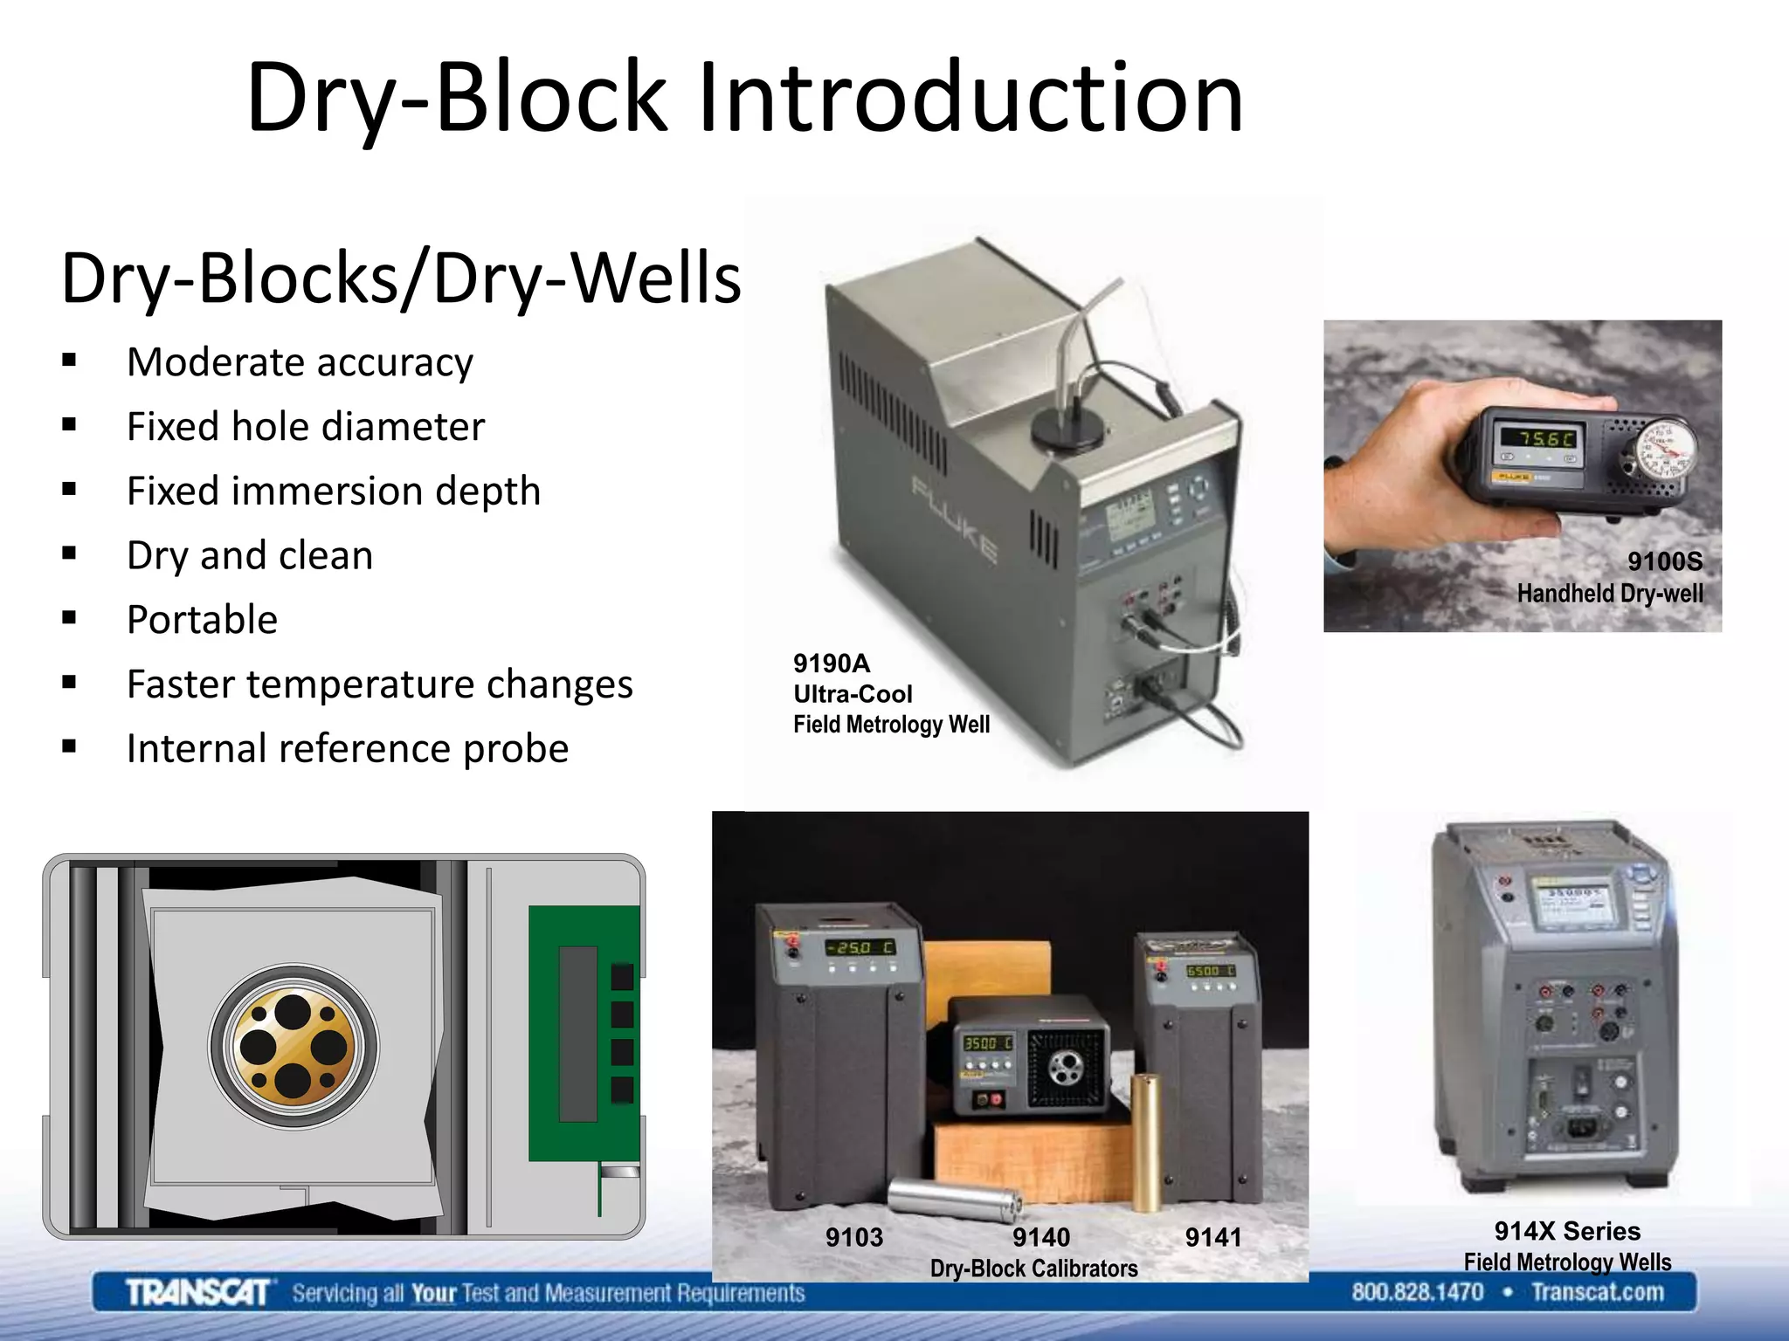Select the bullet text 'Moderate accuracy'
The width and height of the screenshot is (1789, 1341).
[x=300, y=362]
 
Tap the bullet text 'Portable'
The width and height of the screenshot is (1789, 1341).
[x=202, y=620]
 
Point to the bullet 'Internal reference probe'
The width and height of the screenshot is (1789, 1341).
[x=348, y=749]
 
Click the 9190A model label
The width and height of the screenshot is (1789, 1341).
[x=832, y=664]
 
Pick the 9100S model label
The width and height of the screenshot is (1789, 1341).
[x=1664, y=561]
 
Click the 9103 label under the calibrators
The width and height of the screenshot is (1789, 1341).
[x=853, y=1237]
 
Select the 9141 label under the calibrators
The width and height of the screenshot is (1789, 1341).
[x=1212, y=1237]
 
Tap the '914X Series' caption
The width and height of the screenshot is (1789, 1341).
[x=1567, y=1231]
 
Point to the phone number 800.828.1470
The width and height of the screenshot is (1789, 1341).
[x=1417, y=1292]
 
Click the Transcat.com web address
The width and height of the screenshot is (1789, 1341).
[x=1597, y=1292]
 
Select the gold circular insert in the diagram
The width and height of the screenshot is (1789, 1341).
[x=294, y=1046]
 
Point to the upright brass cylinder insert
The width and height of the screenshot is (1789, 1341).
[x=1146, y=1144]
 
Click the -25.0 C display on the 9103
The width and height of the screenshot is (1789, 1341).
[x=860, y=948]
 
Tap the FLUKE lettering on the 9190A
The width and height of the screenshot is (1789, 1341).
[x=955, y=520]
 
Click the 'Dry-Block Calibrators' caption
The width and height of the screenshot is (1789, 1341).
[x=1033, y=1268]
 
